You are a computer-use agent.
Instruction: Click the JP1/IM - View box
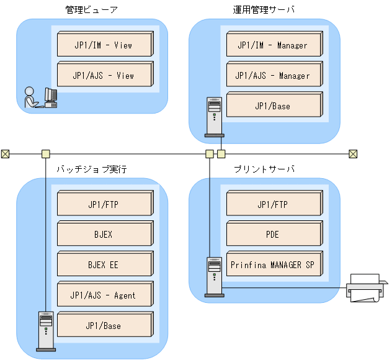click(x=104, y=46)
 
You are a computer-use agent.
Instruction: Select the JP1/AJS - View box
click(x=104, y=76)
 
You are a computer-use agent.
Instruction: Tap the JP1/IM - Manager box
click(x=273, y=46)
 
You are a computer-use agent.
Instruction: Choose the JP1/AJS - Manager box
click(x=273, y=76)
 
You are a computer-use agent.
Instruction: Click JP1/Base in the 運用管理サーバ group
click(x=273, y=106)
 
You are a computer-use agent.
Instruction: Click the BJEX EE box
click(x=104, y=265)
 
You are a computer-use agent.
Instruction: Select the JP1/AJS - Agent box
click(x=104, y=295)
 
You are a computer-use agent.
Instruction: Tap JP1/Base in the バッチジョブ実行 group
click(x=104, y=326)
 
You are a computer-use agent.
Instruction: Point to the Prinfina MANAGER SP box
click(x=273, y=265)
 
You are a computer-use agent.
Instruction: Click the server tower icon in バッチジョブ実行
click(x=45, y=331)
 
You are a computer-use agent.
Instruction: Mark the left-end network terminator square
click(x=5, y=153)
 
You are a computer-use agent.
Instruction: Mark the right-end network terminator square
click(x=353, y=153)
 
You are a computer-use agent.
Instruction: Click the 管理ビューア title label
click(x=91, y=10)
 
